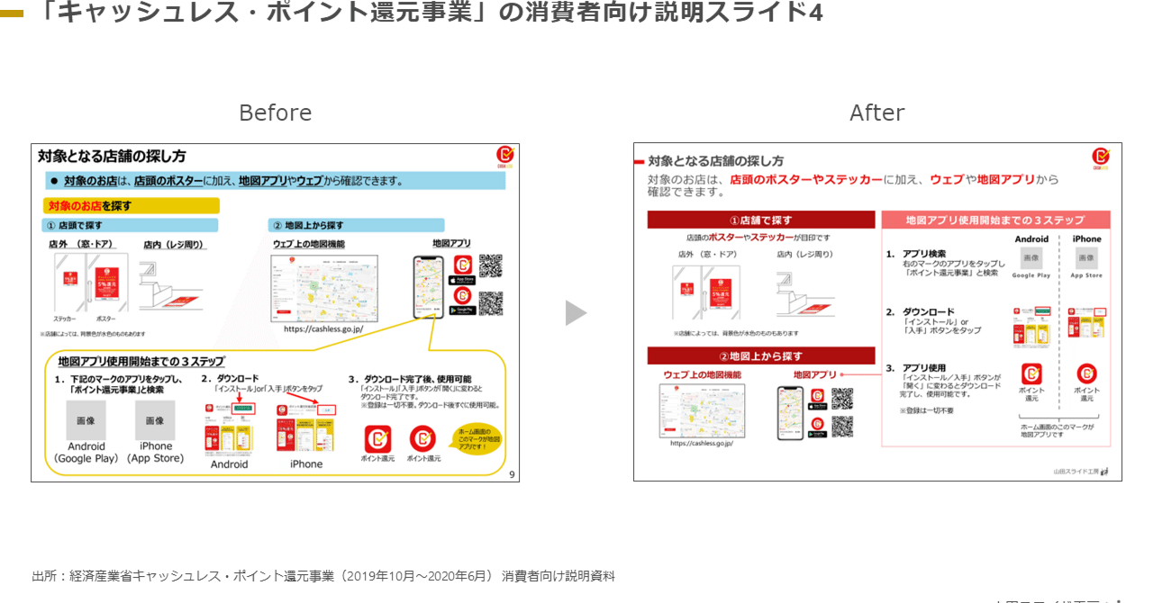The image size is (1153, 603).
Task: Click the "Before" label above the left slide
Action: (275, 112)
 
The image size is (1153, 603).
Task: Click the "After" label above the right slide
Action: (876, 112)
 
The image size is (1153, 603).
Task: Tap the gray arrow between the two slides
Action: (576, 313)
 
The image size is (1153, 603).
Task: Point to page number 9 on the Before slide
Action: (512, 474)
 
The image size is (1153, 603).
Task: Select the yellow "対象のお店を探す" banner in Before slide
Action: (131, 206)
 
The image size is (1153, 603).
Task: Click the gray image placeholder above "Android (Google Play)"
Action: (86, 420)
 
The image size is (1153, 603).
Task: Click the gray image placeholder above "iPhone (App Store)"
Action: (155, 420)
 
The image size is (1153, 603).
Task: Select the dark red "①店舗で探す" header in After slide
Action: (760, 220)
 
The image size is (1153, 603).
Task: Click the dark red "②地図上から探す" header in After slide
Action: (760, 355)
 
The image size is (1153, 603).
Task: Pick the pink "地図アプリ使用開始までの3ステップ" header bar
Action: (994, 220)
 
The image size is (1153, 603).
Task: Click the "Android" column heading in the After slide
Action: (1031, 239)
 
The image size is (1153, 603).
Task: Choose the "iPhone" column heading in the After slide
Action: (1086, 239)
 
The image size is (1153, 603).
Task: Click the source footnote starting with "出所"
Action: (323, 576)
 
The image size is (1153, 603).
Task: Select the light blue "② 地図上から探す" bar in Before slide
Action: (355, 225)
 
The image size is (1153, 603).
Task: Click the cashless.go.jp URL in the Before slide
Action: (323, 329)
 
